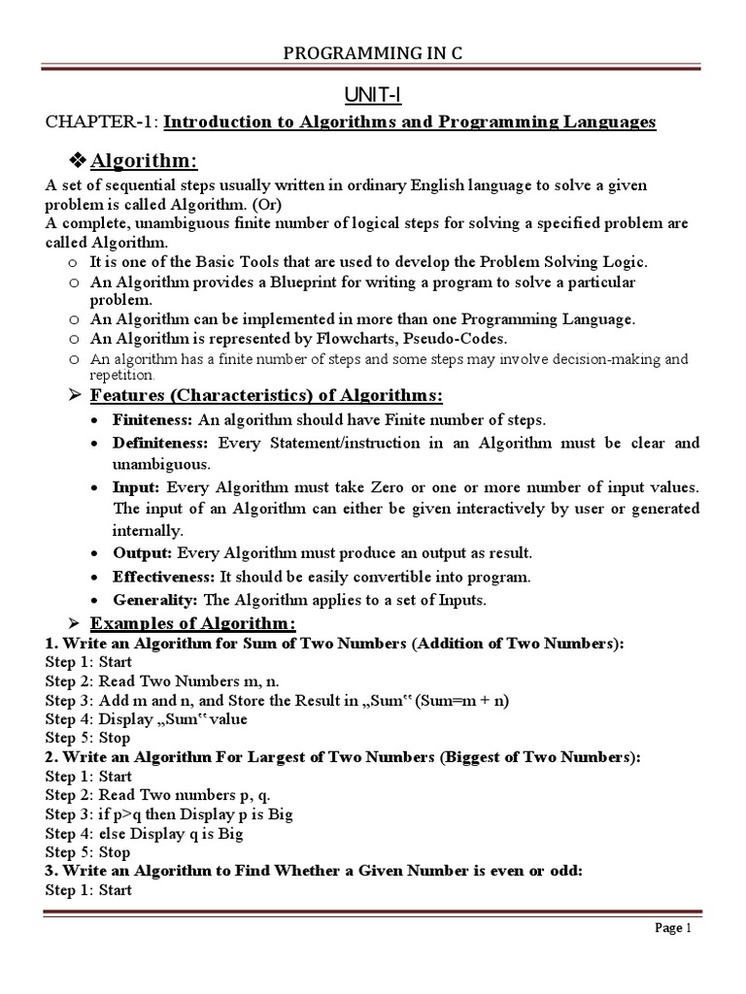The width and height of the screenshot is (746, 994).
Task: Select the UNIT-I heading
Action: pos(373,94)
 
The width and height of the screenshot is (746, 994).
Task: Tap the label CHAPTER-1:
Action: pos(102,122)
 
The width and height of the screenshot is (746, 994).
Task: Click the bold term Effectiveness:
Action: pos(162,577)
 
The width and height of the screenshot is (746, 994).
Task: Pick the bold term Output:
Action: pos(143,553)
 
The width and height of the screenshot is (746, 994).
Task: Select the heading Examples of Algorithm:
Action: pos(192,623)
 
